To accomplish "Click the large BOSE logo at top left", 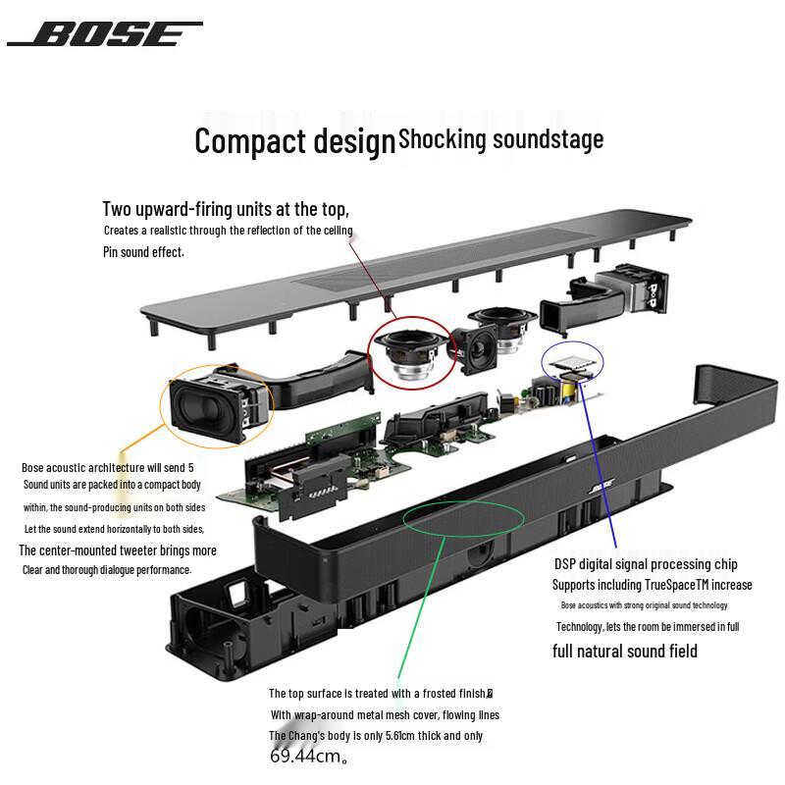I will click(x=105, y=34).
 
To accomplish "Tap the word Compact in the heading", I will click(x=246, y=141).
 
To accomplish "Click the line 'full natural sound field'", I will click(x=625, y=651).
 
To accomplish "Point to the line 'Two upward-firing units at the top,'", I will click(x=226, y=209).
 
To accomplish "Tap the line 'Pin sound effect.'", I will click(x=143, y=252).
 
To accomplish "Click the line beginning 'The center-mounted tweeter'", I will click(x=118, y=550).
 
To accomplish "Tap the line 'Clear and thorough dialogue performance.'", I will click(x=107, y=570).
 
